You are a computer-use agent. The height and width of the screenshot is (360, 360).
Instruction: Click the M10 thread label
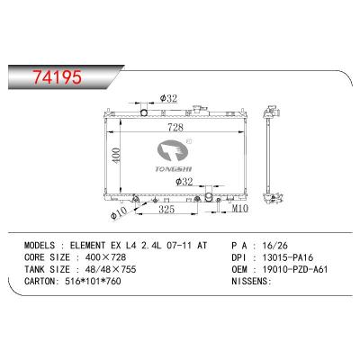(x=237, y=210)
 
